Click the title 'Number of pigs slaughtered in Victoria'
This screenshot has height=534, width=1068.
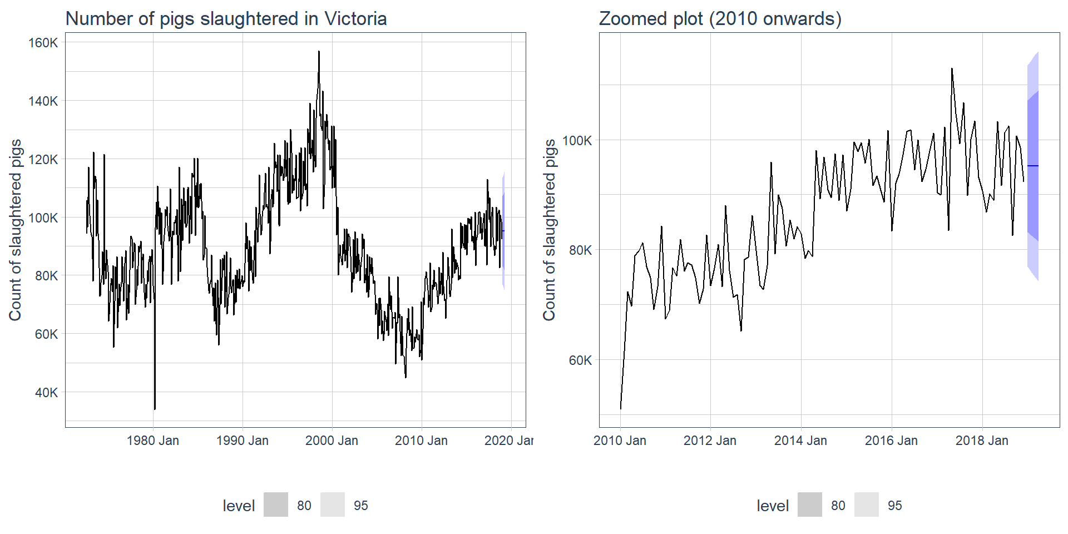tap(226, 19)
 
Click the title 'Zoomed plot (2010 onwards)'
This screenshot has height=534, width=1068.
tap(720, 19)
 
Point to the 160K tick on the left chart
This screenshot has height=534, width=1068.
tap(43, 43)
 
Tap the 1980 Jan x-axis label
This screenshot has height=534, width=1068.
tap(153, 441)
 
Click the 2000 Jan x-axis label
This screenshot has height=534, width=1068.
tap(332, 441)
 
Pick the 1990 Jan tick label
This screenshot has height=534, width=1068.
tap(243, 441)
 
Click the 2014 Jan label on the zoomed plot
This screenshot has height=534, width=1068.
tap(800, 441)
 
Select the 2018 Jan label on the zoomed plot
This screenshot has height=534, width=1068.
tap(982, 441)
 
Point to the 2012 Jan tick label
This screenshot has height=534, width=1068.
tap(710, 441)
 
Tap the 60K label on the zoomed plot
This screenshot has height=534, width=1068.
tap(580, 360)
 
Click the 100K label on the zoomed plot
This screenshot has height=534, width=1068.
tap(577, 141)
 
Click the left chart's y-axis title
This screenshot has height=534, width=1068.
tap(16, 230)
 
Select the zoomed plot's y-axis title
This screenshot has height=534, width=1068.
tap(550, 230)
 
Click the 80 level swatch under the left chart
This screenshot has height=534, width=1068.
tap(276, 505)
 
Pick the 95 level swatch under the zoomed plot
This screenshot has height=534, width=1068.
tap(866, 505)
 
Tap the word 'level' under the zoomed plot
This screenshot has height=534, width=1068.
tap(772, 506)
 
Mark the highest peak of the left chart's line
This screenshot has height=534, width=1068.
tap(319, 52)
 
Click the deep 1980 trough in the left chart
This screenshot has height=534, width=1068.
tap(155, 408)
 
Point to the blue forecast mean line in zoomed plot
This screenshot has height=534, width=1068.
tap(1033, 166)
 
